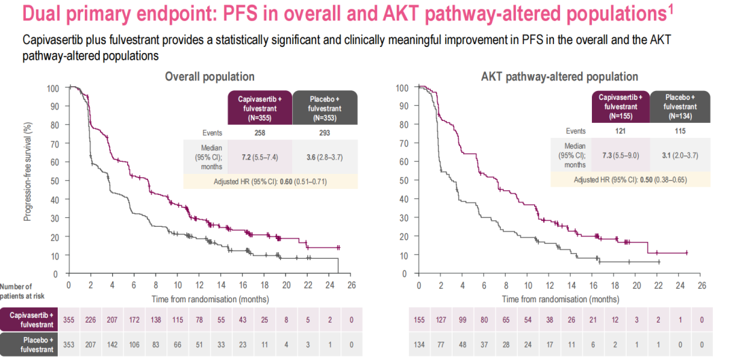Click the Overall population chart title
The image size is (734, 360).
coord(209,77)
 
